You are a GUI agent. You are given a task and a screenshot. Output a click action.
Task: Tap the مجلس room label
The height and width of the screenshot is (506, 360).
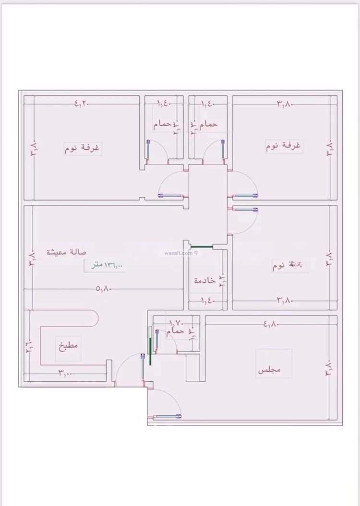click(x=269, y=370)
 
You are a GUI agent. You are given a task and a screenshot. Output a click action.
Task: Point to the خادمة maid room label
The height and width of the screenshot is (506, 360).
click(x=204, y=280)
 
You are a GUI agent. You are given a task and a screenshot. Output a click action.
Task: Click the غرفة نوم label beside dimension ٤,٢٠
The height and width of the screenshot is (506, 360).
click(x=83, y=148)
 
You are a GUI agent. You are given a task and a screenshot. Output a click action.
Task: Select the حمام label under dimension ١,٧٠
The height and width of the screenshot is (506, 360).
click(x=176, y=331)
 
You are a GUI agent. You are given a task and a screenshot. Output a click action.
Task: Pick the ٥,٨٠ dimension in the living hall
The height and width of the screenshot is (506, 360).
click(x=104, y=289)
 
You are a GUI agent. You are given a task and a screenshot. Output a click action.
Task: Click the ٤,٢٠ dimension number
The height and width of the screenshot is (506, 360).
click(x=82, y=103)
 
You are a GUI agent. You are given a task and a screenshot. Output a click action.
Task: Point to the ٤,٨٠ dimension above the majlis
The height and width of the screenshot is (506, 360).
click(x=271, y=324)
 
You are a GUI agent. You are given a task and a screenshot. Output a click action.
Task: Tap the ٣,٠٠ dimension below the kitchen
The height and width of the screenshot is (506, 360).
click(x=65, y=373)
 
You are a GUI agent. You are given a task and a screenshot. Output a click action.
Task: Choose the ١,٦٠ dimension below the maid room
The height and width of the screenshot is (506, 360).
click(x=207, y=301)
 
